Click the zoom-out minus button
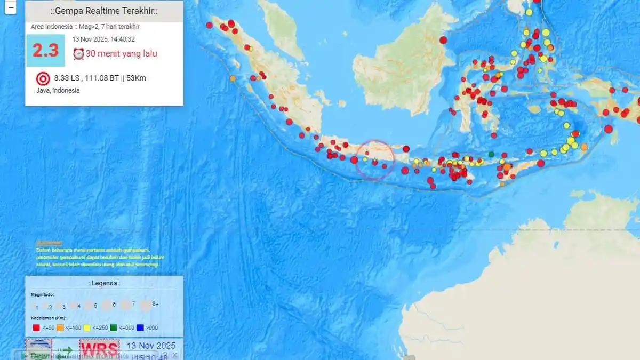click(x=11, y=7)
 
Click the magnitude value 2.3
click(x=45, y=51)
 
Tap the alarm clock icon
click(x=78, y=54)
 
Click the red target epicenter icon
click(x=42, y=79)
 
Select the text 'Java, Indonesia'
click(x=54, y=91)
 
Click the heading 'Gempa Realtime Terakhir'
click(x=105, y=11)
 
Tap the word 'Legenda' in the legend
click(x=105, y=283)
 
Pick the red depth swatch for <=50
click(x=37, y=328)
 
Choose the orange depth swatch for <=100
click(x=61, y=328)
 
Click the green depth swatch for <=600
click(x=114, y=328)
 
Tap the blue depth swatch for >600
click(x=141, y=328)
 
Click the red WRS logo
click(x=99, y=349)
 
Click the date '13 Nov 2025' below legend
click(x=151, y=346)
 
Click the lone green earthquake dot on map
click(x=491, y=155)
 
